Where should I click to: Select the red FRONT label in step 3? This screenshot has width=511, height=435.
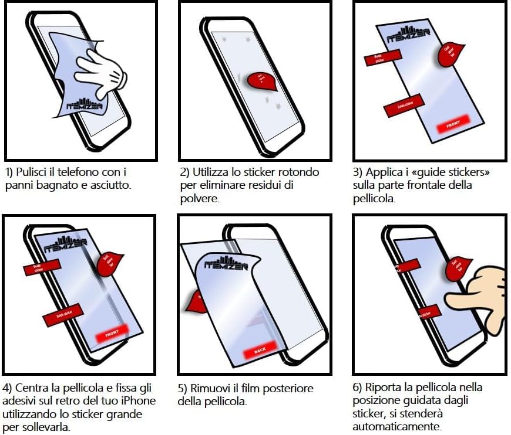point(453,124)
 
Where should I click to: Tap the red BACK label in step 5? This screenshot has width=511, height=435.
point(259,351)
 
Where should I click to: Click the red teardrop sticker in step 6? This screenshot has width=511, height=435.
point(458,267)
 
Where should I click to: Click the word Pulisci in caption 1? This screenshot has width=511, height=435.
point(32,172)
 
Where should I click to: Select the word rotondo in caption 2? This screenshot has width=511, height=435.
point(298,172)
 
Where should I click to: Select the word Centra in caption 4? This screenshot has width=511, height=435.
point(33,388)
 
